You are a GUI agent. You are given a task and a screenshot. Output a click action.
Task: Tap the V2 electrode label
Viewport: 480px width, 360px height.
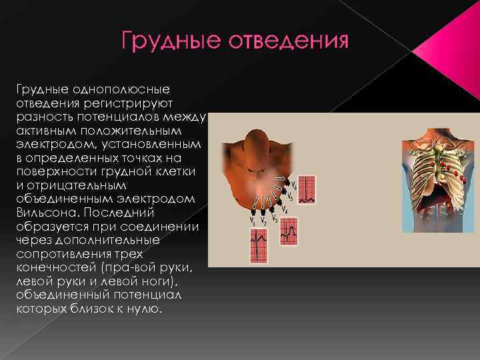[264, 221]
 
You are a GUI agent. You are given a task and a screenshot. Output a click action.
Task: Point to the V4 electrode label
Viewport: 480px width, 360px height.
[285, 209]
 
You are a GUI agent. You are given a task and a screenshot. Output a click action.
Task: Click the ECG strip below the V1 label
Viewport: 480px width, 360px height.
[258, 245]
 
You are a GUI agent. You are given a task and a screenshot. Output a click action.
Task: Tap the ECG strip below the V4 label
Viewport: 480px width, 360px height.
[289, 231]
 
